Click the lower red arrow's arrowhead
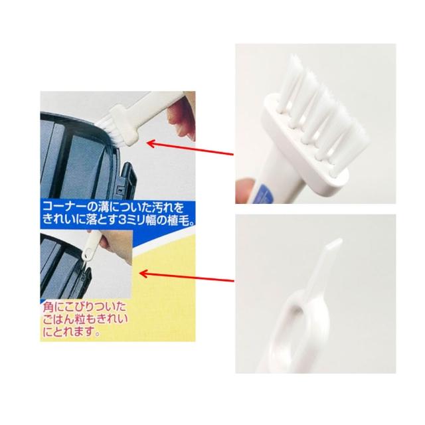coord(143,274)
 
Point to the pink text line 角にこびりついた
coord(84,307)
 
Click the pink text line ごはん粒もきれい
coord(85,319)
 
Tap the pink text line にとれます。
coord(71,331)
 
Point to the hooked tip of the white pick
coord(334,242)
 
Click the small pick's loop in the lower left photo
coord(86,254)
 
